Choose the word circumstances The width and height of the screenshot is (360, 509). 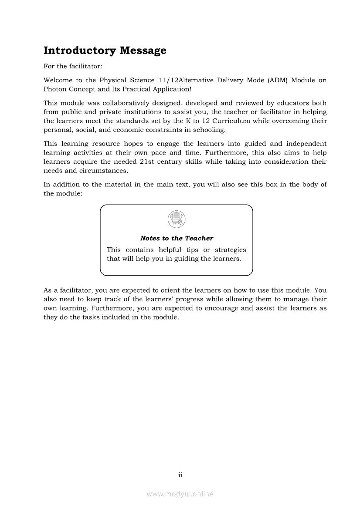coord(102,171)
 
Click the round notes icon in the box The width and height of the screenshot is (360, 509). coord(177,219)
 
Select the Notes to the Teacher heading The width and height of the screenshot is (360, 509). coord(177,238)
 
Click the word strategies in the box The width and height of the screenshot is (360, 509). coord(230,250)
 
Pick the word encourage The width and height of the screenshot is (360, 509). coord(217,308)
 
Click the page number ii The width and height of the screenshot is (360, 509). coord(180,475)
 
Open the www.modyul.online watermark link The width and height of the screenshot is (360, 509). coord(180,494)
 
